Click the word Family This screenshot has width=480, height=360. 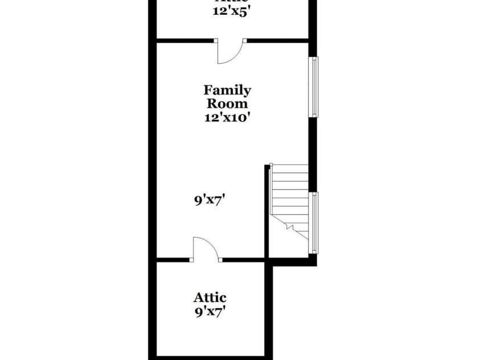tap(227, 90)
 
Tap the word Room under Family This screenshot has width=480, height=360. tap(227, 104)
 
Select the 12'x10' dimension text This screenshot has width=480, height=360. tap(227, 118)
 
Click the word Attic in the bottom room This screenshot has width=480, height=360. tap(210, 297)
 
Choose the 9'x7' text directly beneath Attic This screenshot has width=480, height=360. tap(210, 312)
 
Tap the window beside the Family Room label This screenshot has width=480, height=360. tap(314, 87)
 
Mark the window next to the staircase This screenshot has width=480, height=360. tap(314, 222)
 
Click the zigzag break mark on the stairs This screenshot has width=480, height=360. tap(290, 227)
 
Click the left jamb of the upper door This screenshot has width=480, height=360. tap(216, 40)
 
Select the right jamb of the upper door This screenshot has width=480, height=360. tap(244, 40)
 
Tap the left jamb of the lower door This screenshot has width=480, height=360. tap(192, 260)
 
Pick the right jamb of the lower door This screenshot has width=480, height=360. tap(220, 260)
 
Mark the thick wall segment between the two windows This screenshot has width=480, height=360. tap(312, 154)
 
